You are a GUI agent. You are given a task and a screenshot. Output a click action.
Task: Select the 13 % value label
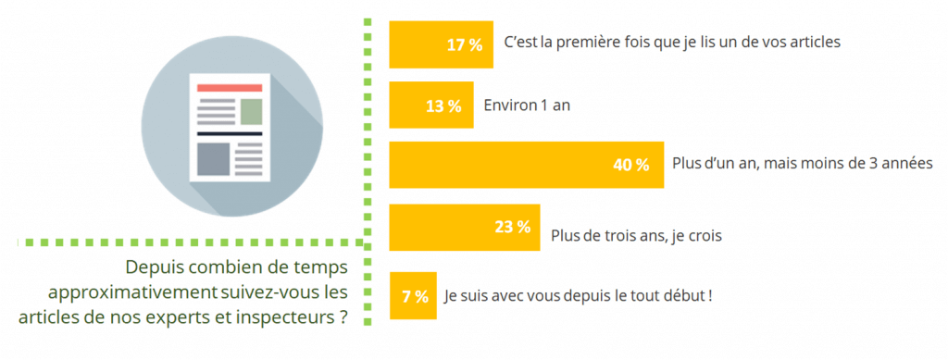click(x=443, y=106)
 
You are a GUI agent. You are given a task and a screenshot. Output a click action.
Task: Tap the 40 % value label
click(x=630, y=165)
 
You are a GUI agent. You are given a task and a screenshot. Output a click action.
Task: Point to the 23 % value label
click(x=512, y=226)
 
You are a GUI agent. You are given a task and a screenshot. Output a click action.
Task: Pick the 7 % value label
click(x=415, y=296)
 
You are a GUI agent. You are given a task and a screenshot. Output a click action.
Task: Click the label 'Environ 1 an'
click(x=527, y=105)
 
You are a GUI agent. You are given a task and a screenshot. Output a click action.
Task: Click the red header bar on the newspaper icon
click(x=230, y=88)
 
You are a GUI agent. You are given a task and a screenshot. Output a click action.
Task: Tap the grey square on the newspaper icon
click(x=212, y=158)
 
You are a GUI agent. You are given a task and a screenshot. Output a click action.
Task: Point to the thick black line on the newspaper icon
click(x=230, y=134)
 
